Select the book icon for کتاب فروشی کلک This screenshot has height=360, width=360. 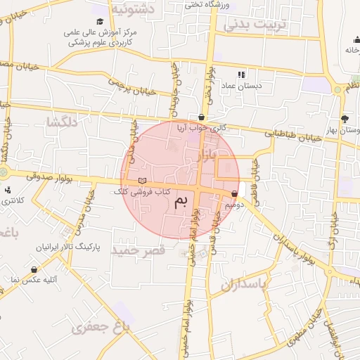point(143,181)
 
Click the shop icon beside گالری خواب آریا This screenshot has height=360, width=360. point(202,117)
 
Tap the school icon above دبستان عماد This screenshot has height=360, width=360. point(241,75)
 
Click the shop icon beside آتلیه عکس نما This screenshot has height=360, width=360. point(34,269)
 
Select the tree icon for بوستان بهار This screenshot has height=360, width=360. point(344,119)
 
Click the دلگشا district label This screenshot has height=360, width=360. point(60,122)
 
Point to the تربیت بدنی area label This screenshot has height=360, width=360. point(256,25)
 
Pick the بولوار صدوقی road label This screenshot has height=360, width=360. point(49,176)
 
